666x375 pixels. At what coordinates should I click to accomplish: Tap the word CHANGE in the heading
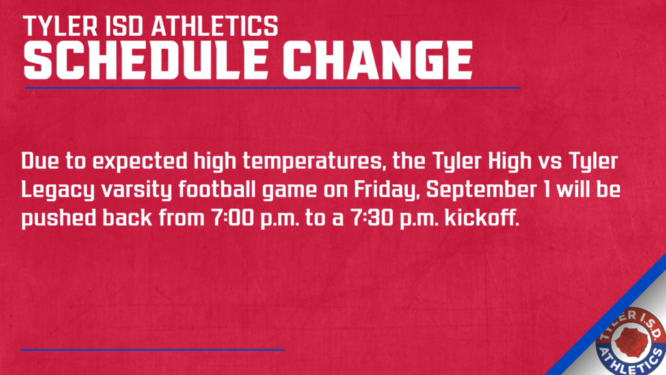pyautogui.click(x=378, y=60)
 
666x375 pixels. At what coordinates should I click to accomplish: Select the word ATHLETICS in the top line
pyautogui.click(x=215, y=26)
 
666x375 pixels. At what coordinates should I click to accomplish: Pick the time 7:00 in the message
pyautogui.click(x=232, y=217)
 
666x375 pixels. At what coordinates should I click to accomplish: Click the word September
pyautogui.click(x=481, y=189)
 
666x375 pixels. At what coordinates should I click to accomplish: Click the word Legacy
pyautogui.click(x=58, y=190)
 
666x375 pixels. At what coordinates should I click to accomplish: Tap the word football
pyautogui.click(x=217, y=189)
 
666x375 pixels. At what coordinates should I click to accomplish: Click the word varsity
pyautogui.click(x=137, y=190)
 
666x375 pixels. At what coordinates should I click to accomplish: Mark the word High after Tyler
pyautogui.click(x=510, y=161)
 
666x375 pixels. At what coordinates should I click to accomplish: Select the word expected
pyautogui.click(x=140, y=162)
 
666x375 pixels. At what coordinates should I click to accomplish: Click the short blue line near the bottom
pyautogui.click(x=152, y=350)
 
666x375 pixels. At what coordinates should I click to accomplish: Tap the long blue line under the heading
pyautogui.click(x=273, y=88)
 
